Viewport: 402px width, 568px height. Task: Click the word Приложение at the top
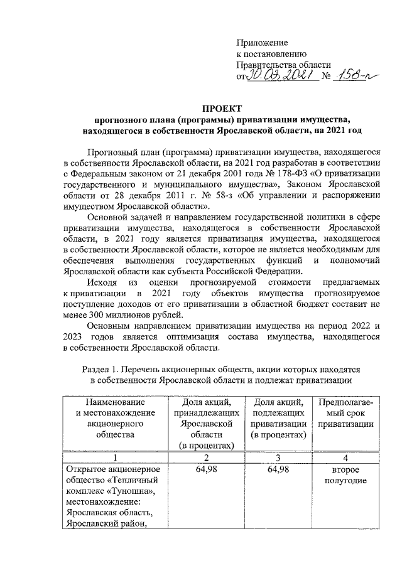[262, 43]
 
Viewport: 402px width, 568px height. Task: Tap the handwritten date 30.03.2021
[276, 76]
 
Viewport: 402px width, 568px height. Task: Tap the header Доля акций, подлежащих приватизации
[278, 419]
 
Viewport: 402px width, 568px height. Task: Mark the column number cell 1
[112, 457]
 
